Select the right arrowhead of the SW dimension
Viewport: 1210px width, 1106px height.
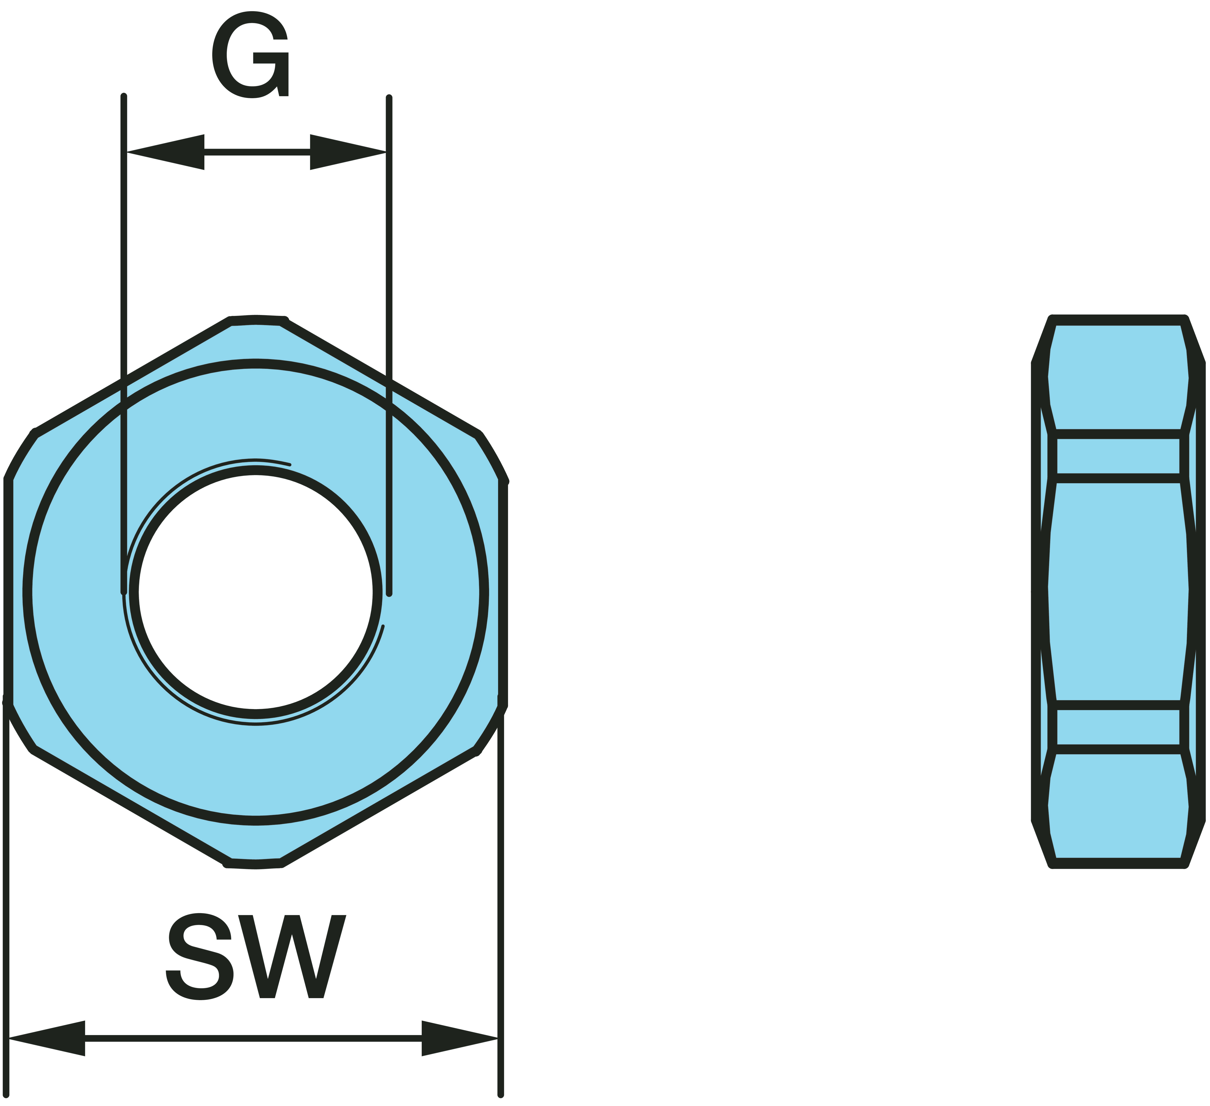(x=460, y=1038)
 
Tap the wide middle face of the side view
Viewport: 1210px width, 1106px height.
(x=1118, y=592)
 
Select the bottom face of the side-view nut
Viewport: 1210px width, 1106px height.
(x=1118, y=806)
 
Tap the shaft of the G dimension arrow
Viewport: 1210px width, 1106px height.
(x=257, y=152)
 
